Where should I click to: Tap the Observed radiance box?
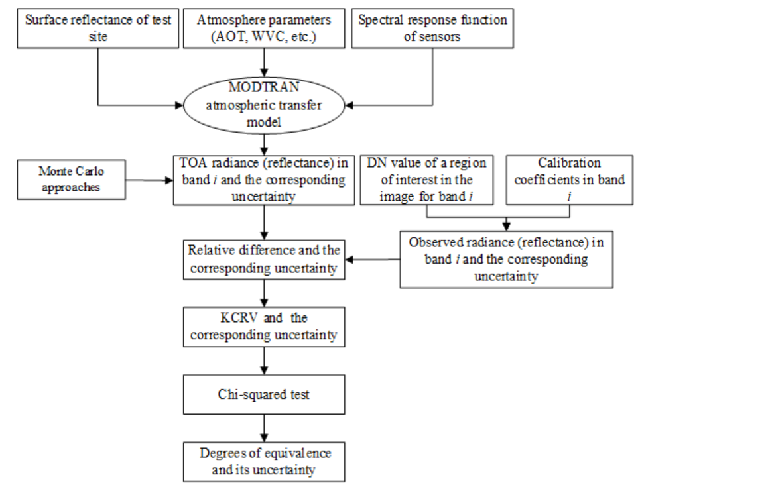point(506,258)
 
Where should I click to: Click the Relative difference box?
point(265,260)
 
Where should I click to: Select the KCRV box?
point(265,326)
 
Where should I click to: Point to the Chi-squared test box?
point(265,395)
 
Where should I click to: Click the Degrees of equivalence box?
point(265,461)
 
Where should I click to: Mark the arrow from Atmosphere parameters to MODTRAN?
point(265,62)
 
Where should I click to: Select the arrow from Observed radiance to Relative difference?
point(373,260)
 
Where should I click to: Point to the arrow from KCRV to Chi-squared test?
point(265,360)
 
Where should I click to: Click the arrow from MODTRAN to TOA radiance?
point(265,142)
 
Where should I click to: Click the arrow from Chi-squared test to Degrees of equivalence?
point(265,428)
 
